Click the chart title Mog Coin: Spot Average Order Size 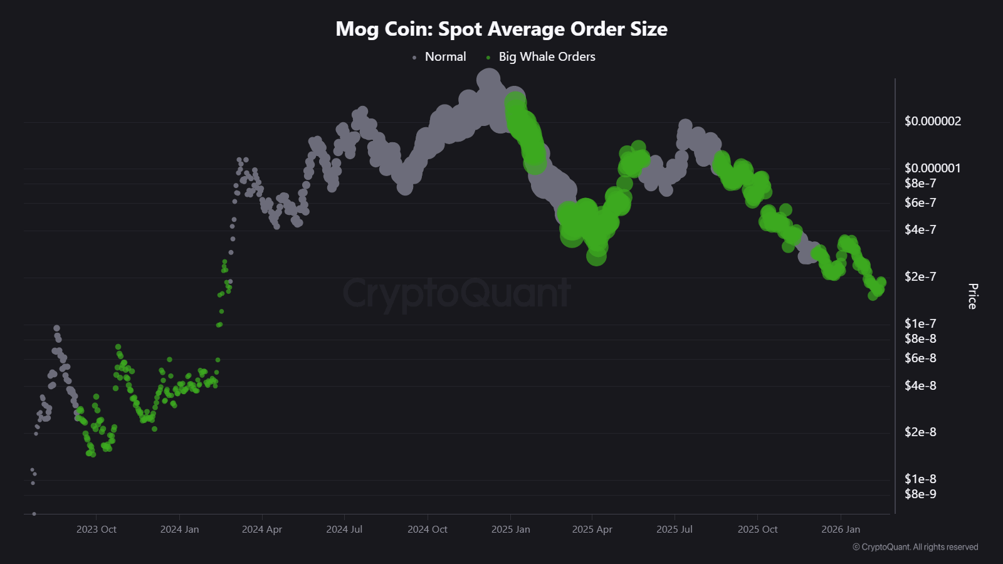501,29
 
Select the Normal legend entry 445,57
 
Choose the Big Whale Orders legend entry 547,57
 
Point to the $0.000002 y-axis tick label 932,122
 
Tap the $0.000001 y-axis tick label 932,168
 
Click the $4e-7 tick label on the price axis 920,230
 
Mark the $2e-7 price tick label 920,277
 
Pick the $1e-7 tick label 920,323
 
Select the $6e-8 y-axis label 920,358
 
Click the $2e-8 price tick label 920,432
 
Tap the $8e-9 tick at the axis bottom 920,494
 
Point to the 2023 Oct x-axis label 97,530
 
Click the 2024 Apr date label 262,530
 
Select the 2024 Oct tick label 428,530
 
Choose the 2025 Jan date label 510,530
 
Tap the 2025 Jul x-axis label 675,530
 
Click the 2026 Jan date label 841,530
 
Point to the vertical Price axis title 972,296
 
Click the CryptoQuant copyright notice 915,547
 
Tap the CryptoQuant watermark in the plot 456,293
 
